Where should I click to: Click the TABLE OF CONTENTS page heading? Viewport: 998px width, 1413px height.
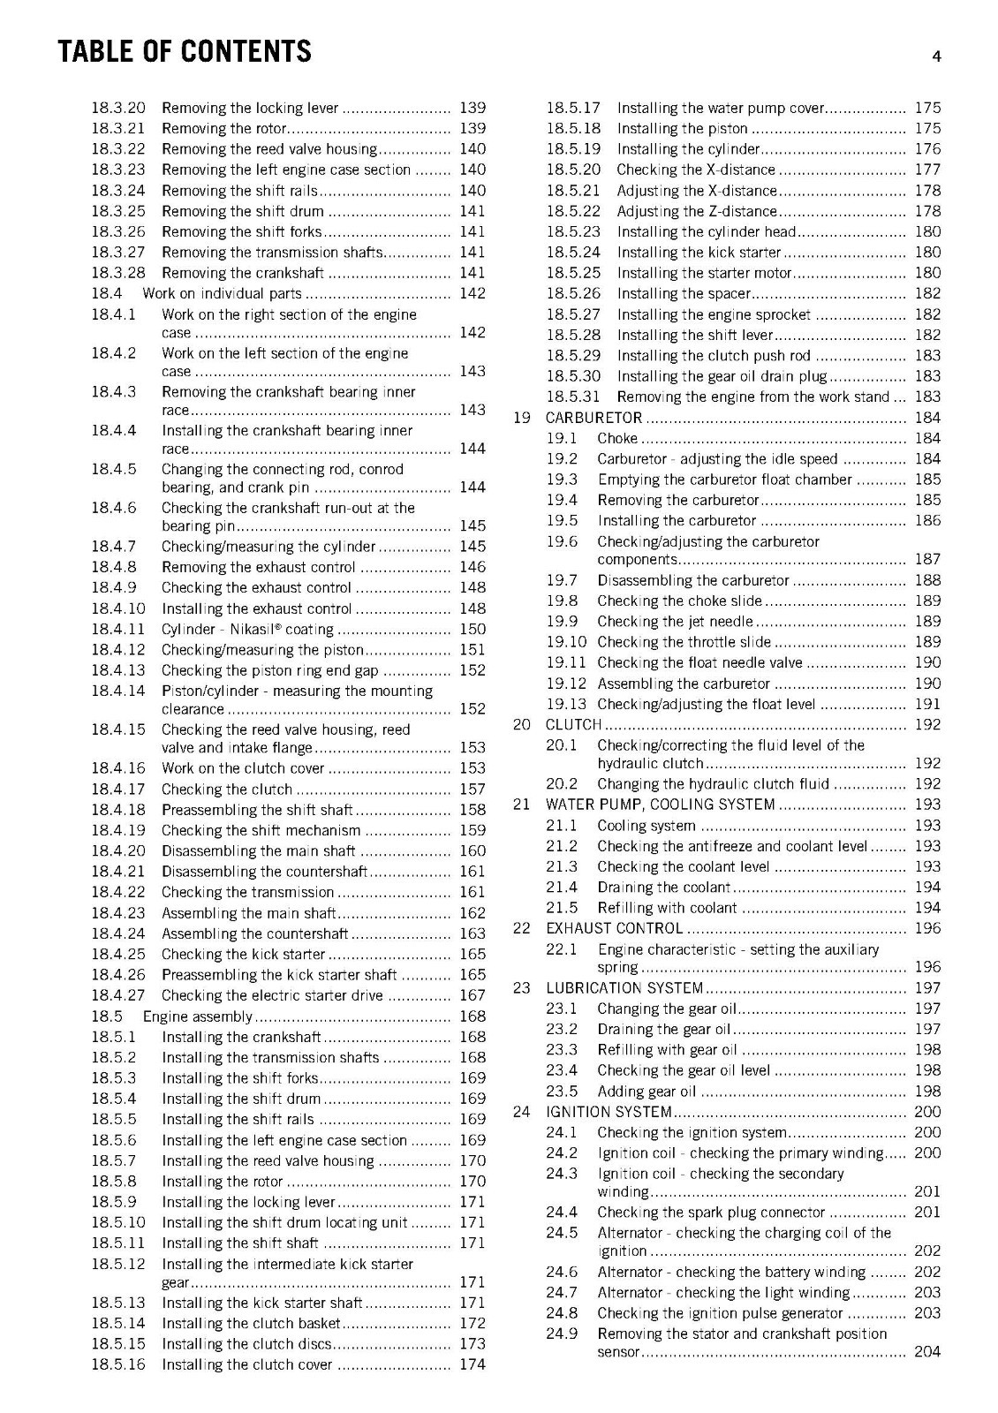185,52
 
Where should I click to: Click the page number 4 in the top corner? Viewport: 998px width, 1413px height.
936,57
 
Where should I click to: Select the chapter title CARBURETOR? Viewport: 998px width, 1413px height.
594,418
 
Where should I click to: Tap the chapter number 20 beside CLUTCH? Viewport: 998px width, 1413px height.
522,725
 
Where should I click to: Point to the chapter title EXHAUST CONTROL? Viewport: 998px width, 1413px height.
615,928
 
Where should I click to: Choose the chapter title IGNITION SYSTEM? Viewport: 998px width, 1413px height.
609,1112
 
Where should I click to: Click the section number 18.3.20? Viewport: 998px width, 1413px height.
118,108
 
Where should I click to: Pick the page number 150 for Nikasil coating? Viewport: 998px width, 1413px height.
473,629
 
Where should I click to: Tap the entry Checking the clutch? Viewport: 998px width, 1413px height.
227,790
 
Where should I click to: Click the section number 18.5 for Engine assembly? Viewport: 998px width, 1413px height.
107,1016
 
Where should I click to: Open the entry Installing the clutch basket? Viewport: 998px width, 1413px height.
251,1323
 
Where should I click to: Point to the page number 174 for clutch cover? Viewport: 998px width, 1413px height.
473,1364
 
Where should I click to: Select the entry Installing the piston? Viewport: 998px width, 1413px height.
682,129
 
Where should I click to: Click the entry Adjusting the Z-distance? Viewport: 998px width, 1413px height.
697,211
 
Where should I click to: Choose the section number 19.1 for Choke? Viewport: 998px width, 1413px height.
561,438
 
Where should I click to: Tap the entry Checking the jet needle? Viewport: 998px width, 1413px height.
675,622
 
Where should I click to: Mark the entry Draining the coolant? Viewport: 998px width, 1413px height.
663,888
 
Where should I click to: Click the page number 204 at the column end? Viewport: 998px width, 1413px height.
927,1351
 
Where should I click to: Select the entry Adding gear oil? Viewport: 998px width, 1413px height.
646,1092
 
